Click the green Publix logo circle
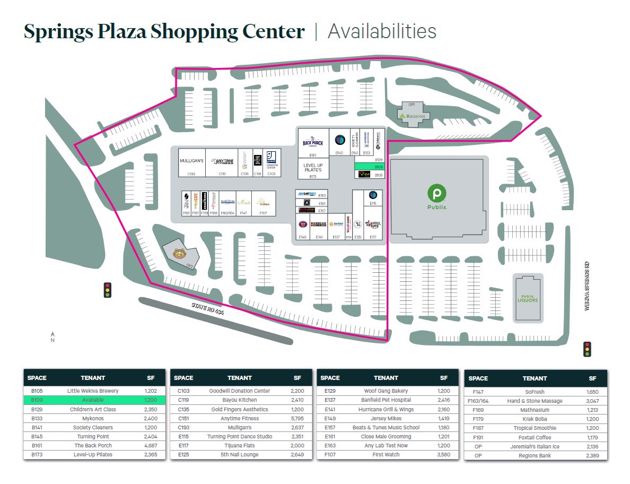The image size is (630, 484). click(x=437, y=192)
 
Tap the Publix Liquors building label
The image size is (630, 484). click(x=528, y=298)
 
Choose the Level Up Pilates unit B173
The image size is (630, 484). click(x=313, y=169)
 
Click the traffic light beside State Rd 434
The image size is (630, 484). click(x=108, y=290)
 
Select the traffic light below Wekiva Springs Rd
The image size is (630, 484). click(x=587, y=349)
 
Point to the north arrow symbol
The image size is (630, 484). click(x=52, y=336)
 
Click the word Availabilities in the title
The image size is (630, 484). click(x=382, y=32)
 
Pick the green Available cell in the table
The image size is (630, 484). click(x=93, y=400)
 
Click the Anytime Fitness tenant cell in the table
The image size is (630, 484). click(x=239, y=418)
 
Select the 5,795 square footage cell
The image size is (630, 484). click(x=297, y=418)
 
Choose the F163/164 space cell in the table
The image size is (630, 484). click(x=478, y=401)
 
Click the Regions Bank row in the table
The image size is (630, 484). click(x=535, y=456)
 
